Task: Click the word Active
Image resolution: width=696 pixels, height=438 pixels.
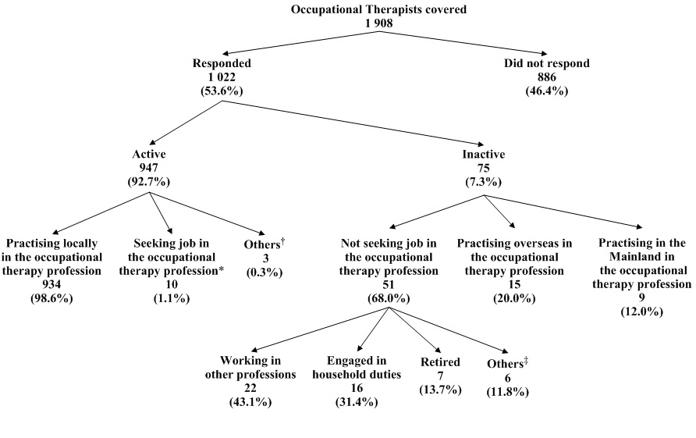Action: tap(149, 155)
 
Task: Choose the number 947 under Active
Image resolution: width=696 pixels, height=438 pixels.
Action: tap(149, 168)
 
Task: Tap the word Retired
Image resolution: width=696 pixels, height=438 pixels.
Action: tap(439, 363)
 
